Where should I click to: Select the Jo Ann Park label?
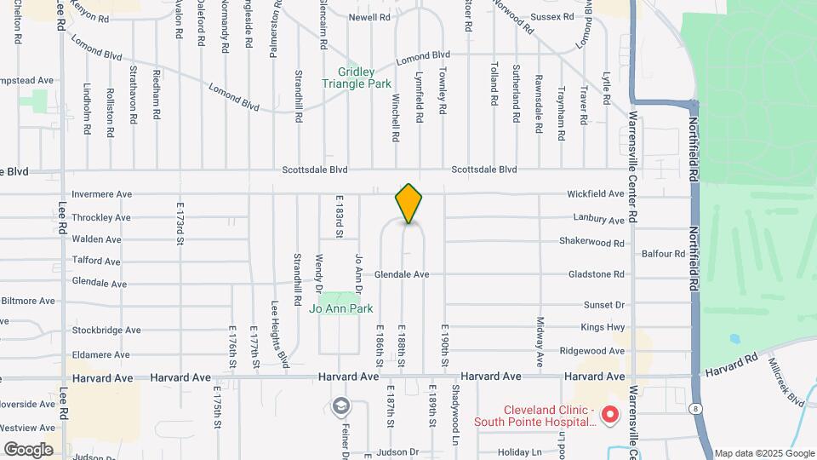(x=341, y=308)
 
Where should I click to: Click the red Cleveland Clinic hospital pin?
(x=609, y=415)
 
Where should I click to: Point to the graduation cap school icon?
(x=341, y=405)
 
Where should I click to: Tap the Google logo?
(x=28, y=449)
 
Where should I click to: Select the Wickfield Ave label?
(x=596, y=194)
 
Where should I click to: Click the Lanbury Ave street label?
(x=598, y=220)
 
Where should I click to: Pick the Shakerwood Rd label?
(x=591, y=242)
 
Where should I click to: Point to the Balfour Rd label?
(x=663, y=254)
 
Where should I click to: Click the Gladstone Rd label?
(x=595, y=274)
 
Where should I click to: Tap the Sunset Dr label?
(x=603, y=305)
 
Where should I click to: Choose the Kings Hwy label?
(x=603, y=327)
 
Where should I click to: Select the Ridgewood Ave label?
(x=592, y=350)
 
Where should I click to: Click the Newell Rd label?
(x=369, y=17)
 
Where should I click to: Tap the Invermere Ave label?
(x=101, y=194)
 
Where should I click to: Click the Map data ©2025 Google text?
(x=764, y=453)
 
